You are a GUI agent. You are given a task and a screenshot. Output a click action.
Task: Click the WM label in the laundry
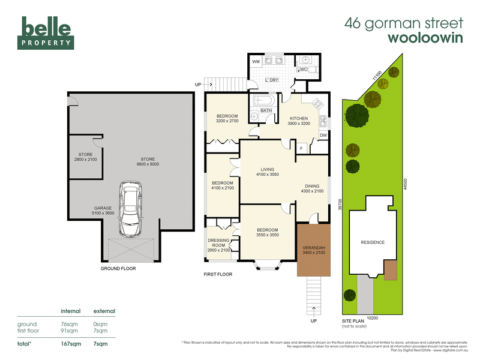[256, 62]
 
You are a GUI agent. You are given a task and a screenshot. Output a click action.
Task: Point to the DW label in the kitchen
[323, 135]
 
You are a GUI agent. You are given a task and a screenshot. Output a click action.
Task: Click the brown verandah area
[313, 250]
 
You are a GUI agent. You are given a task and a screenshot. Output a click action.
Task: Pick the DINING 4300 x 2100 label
[312, 188]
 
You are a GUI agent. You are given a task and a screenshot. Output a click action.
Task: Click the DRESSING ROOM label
[220, 244]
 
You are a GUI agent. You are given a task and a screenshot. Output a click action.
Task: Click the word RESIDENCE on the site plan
[373, 242]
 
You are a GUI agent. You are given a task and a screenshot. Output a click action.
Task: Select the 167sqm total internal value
[71, 344]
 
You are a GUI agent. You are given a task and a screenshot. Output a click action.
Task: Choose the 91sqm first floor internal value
[70, 331]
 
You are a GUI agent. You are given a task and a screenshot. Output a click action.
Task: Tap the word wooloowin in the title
[426, 38]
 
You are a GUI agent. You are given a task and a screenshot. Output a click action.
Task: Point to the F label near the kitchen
[301, 147]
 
